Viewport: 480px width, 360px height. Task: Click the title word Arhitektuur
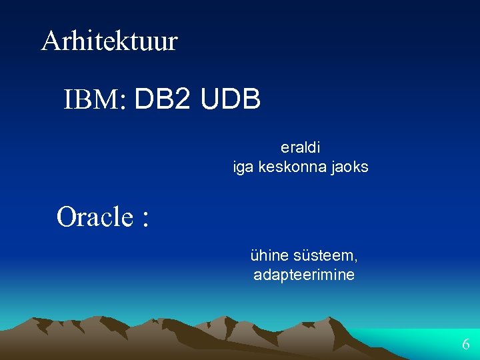pyautogui.click(x=109, y=41)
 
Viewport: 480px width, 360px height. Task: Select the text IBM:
pyautogui.click(x=95, y=101)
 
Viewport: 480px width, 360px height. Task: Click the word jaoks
pyautogui.click(x=350, y=167)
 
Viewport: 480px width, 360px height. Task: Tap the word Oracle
pyautogui.click(x=95, y=217)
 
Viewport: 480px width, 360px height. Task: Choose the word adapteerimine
pyautogui.click(x=304, y=275)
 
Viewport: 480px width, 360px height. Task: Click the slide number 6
pyautogui.click(x=465, y=345)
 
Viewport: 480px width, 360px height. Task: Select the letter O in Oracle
pyautogui.click(x=67, y=217)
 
